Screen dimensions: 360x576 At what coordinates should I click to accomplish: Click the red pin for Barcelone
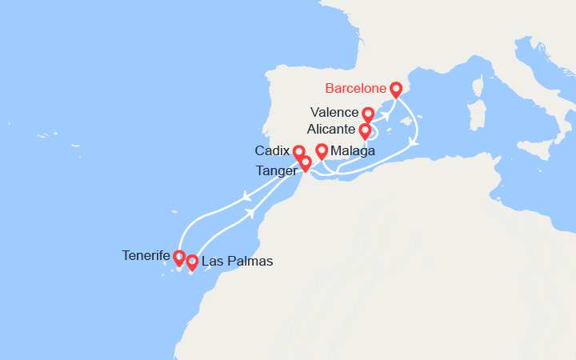[395, 88]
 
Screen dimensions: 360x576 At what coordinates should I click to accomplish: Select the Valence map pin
[368, 114]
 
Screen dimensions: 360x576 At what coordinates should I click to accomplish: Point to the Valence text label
[335, 114]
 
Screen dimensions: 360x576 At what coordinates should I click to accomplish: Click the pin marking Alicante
[365, 130]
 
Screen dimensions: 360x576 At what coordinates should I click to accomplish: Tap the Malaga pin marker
[322, 150]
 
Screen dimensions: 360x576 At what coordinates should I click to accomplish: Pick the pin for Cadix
[298, 152]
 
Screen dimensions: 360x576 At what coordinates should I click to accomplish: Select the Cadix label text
[273, 151]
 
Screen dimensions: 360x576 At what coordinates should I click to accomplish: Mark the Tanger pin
[305, 163]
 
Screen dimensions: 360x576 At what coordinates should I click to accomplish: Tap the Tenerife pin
[179, 258]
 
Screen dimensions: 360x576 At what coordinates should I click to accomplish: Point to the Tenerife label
[146, 256]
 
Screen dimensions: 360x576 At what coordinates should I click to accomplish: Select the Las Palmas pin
[192, 261]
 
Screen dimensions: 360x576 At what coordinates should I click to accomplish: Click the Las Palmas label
[237, 262]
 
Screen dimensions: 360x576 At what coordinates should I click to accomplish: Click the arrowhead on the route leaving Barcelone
[413, 142]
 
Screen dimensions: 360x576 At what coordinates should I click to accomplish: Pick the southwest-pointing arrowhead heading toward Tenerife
[246, 196]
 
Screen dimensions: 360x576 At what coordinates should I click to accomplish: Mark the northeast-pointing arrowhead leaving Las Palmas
[251, 212]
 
